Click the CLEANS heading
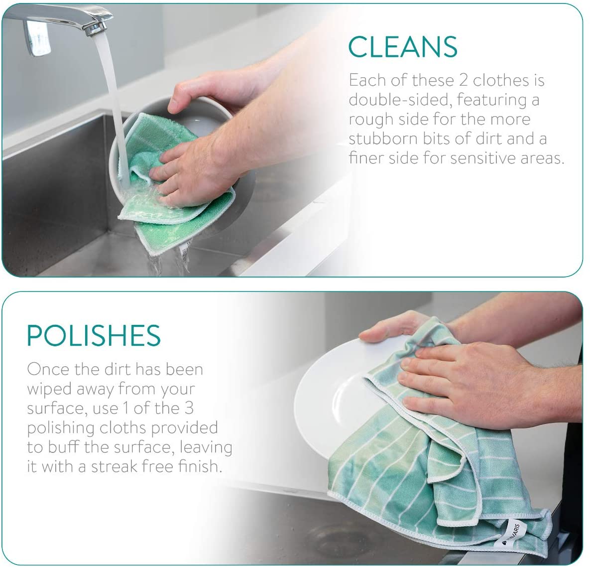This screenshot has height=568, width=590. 403,47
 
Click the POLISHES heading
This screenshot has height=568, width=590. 94,336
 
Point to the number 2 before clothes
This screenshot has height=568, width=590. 463,80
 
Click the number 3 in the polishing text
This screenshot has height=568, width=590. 189,408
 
